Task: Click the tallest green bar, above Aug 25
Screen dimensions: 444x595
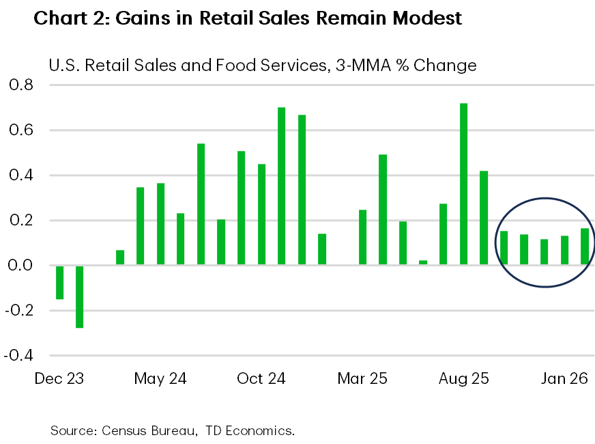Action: (464, 184)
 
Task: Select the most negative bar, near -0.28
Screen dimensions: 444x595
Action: (80, 296)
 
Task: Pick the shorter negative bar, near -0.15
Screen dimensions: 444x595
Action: (59, 282)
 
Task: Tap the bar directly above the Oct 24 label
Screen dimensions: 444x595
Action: (261, 214)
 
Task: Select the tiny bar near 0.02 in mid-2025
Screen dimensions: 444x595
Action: (423, 262)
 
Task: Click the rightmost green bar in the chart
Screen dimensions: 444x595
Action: (585, 247)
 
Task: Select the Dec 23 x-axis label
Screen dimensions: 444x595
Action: (59, 378)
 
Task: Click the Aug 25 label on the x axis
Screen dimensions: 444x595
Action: (463, 378)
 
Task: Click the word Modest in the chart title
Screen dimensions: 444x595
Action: (424, 18)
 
